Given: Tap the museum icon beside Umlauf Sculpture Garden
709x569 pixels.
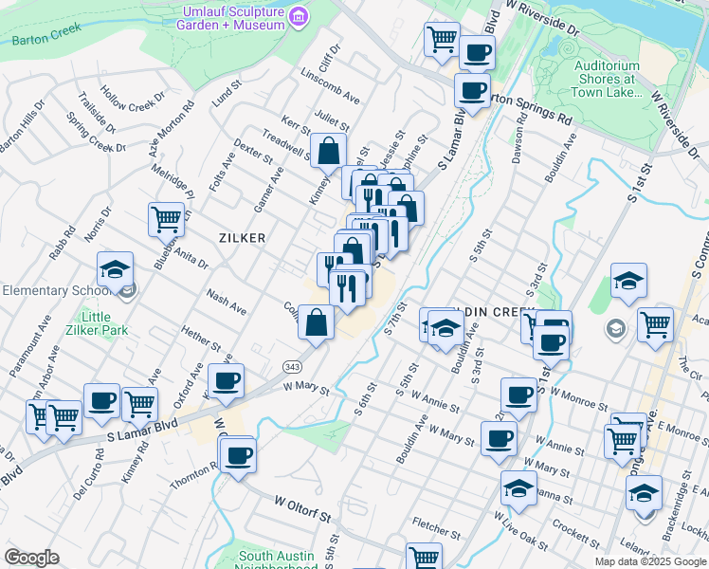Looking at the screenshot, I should [300, 16].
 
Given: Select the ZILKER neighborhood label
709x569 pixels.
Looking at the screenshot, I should [242, 238].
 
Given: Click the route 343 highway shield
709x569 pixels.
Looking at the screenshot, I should [292, 365].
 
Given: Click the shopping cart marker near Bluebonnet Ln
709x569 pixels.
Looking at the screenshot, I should [167, 219].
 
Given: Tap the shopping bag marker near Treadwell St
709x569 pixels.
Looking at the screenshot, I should [328, 150].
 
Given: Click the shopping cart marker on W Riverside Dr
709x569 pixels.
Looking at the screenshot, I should [442, 39].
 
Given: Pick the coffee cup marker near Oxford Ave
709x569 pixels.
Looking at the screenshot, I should [226, 380].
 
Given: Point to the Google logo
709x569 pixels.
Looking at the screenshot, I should [32, 558].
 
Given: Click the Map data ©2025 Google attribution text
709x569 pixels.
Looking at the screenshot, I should [649, 561].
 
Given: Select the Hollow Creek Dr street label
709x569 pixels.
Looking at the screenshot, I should [133, 103].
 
